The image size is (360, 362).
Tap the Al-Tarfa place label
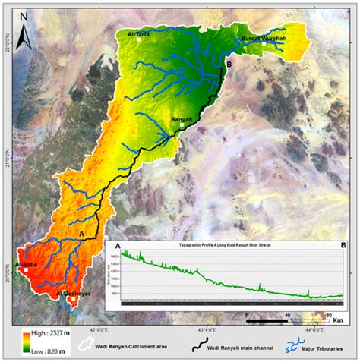[142, 33]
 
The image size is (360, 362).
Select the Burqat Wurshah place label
[263, 39]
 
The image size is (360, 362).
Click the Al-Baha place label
[26, 263]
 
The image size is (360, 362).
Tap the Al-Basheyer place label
[73, 292]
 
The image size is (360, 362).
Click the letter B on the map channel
[229, 66]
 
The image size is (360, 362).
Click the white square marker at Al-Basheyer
[72, 300]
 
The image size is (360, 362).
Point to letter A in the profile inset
[118, 247]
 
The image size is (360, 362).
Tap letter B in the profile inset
[343, 247]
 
